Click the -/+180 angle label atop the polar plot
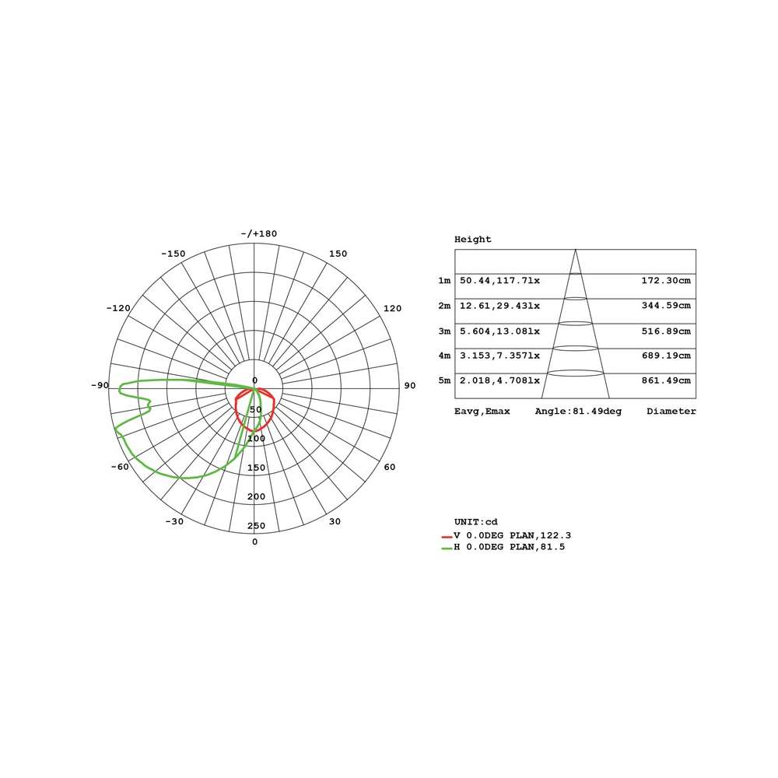coord(258,233)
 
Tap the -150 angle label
coord(173,254)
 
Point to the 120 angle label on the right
coord(392,308)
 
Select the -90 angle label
coord(100,386)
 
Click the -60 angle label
coord(120,467)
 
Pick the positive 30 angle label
coord(335,521)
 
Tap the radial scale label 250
coord(257,526)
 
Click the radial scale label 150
coord(257,468)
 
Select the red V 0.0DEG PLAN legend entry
coord(506,536)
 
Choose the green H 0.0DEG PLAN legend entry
coord(503,547)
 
